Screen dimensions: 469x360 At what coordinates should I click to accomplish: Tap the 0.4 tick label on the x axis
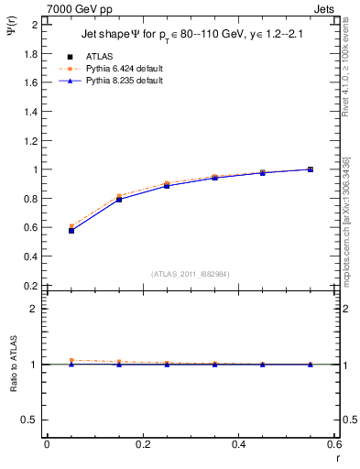[239, 443]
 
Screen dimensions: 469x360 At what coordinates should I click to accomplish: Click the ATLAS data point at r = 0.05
[71, 230]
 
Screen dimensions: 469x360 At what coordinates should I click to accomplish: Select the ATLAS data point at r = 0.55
[311, 169]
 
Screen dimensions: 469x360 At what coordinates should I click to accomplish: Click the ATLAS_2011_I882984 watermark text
[190, 273]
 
